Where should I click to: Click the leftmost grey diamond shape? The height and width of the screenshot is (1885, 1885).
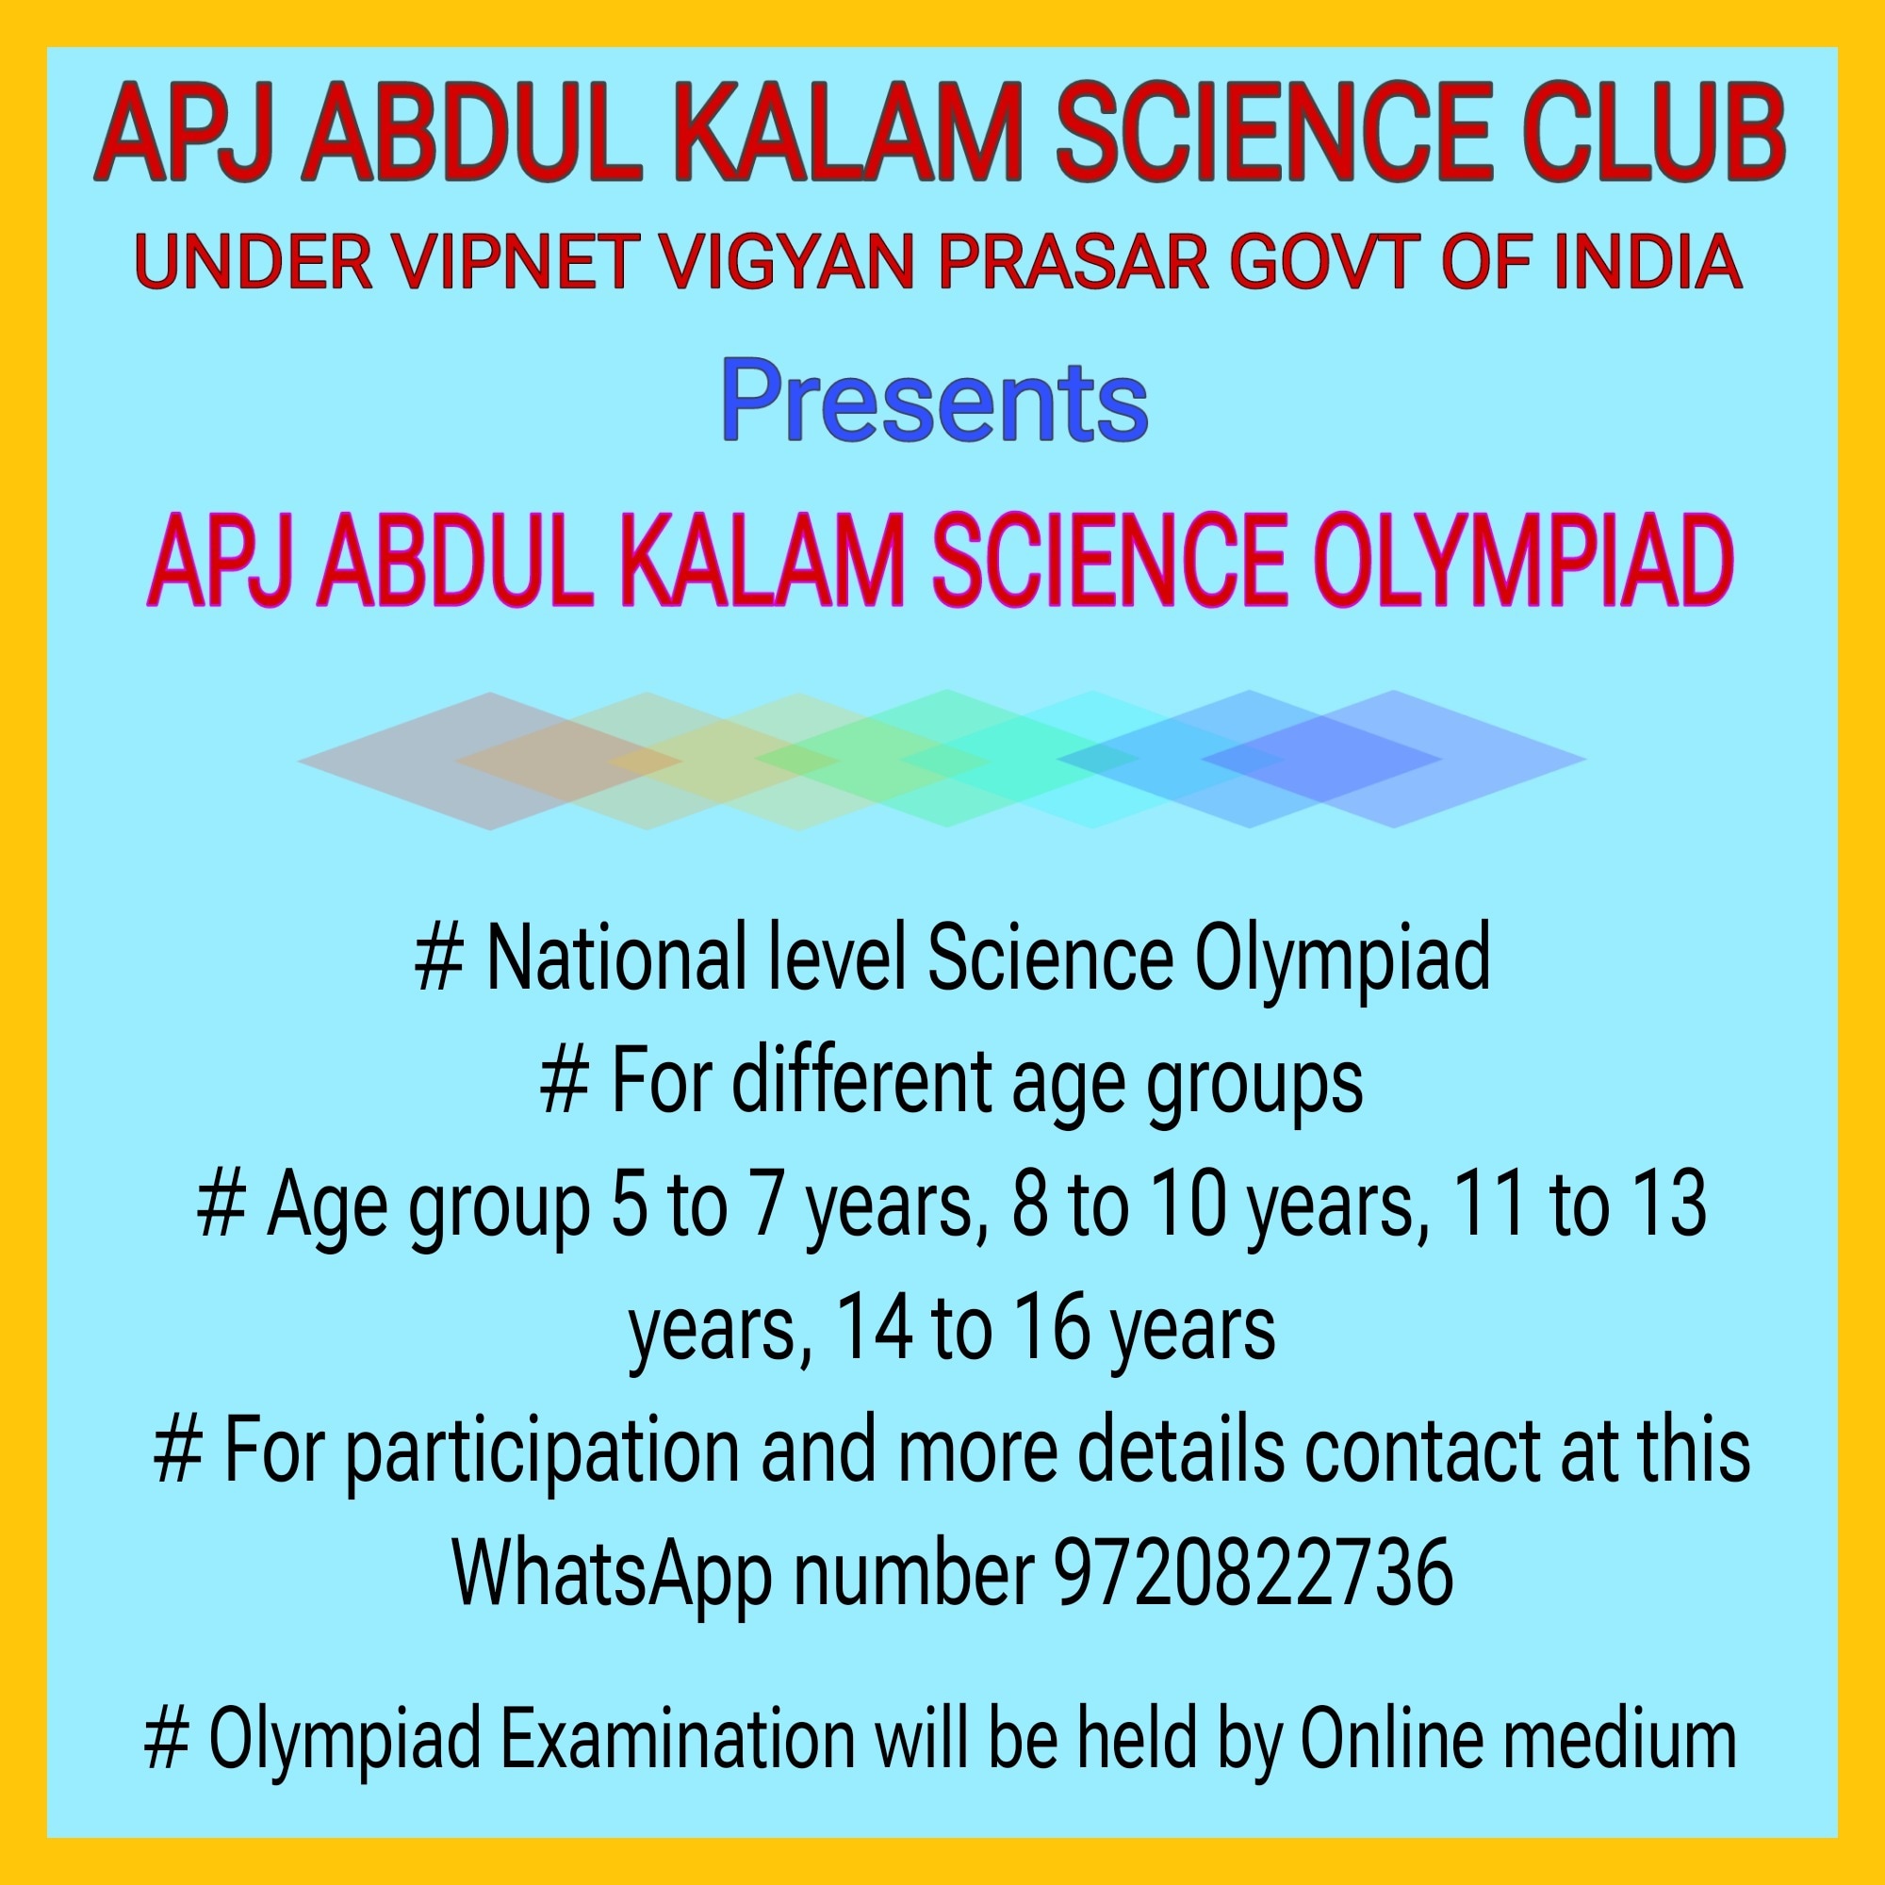point(490,761)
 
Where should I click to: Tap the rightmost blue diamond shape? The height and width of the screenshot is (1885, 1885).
point(1393,759)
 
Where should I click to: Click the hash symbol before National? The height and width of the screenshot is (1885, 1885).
point(439,959)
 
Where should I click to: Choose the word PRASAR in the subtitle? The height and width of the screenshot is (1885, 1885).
point(1073,262)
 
